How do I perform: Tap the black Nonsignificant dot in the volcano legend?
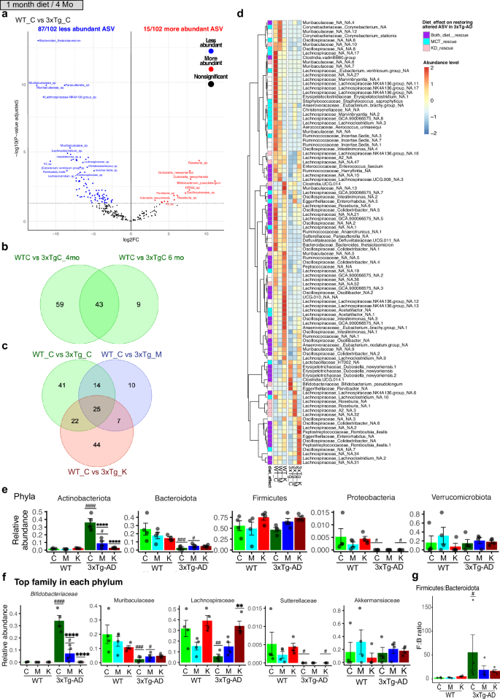point(211,85)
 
